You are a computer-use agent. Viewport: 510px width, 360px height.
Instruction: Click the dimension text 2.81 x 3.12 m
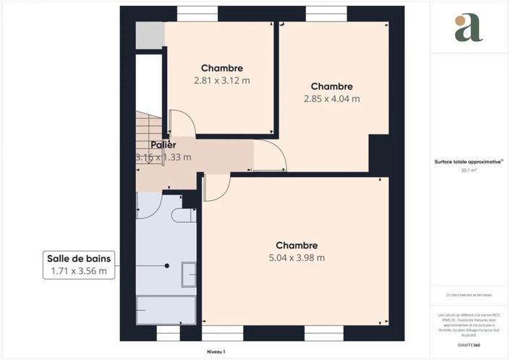pyautogui.click(x=221, y=81)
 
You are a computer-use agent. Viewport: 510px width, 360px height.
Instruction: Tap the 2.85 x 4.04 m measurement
pyautogui.click(x=331, y=99)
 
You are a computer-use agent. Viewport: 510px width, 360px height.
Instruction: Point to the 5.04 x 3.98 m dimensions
pyautogui.click(x=296, y=257)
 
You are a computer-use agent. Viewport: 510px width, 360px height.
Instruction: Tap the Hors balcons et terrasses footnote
pyautogui.click(x=468, y=295)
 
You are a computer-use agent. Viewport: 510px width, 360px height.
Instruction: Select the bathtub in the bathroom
pyautogui.click(x=165, y=309)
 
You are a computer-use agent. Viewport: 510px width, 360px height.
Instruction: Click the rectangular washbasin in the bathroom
pyautogui.click(x=188, y=273)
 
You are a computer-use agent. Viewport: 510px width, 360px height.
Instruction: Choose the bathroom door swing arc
pyautogui.click(x=150, y=206)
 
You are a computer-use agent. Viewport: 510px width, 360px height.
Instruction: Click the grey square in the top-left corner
pyautogui.click(x=150, y=36)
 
